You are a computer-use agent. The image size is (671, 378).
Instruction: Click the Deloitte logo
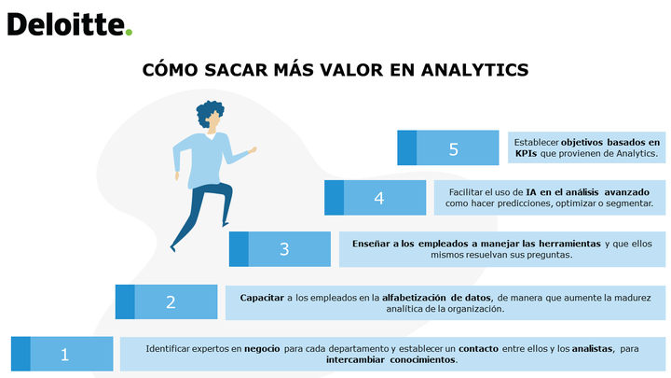70,25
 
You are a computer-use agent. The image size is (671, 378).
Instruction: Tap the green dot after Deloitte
129,32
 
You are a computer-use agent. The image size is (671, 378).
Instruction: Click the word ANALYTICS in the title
475,70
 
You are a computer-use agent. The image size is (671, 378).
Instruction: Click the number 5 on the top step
454,149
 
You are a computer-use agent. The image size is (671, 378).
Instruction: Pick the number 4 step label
379,198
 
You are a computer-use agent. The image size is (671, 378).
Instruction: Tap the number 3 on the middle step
284,249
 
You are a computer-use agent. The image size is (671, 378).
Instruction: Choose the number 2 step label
171,302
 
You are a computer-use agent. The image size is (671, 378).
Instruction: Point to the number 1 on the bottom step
64,355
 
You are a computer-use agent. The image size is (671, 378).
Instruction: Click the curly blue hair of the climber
209,112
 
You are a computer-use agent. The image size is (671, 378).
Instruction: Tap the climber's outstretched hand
253,150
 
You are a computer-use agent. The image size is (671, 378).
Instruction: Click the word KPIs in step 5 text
526,153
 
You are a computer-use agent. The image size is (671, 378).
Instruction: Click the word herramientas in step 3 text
569,244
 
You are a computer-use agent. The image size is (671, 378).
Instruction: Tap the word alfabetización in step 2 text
414,298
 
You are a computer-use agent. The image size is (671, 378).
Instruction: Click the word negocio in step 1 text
262,349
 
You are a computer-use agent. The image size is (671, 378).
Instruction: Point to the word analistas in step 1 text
593,349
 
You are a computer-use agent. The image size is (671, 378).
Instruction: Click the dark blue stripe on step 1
21,354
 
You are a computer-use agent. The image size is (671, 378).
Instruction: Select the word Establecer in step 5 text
536,142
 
